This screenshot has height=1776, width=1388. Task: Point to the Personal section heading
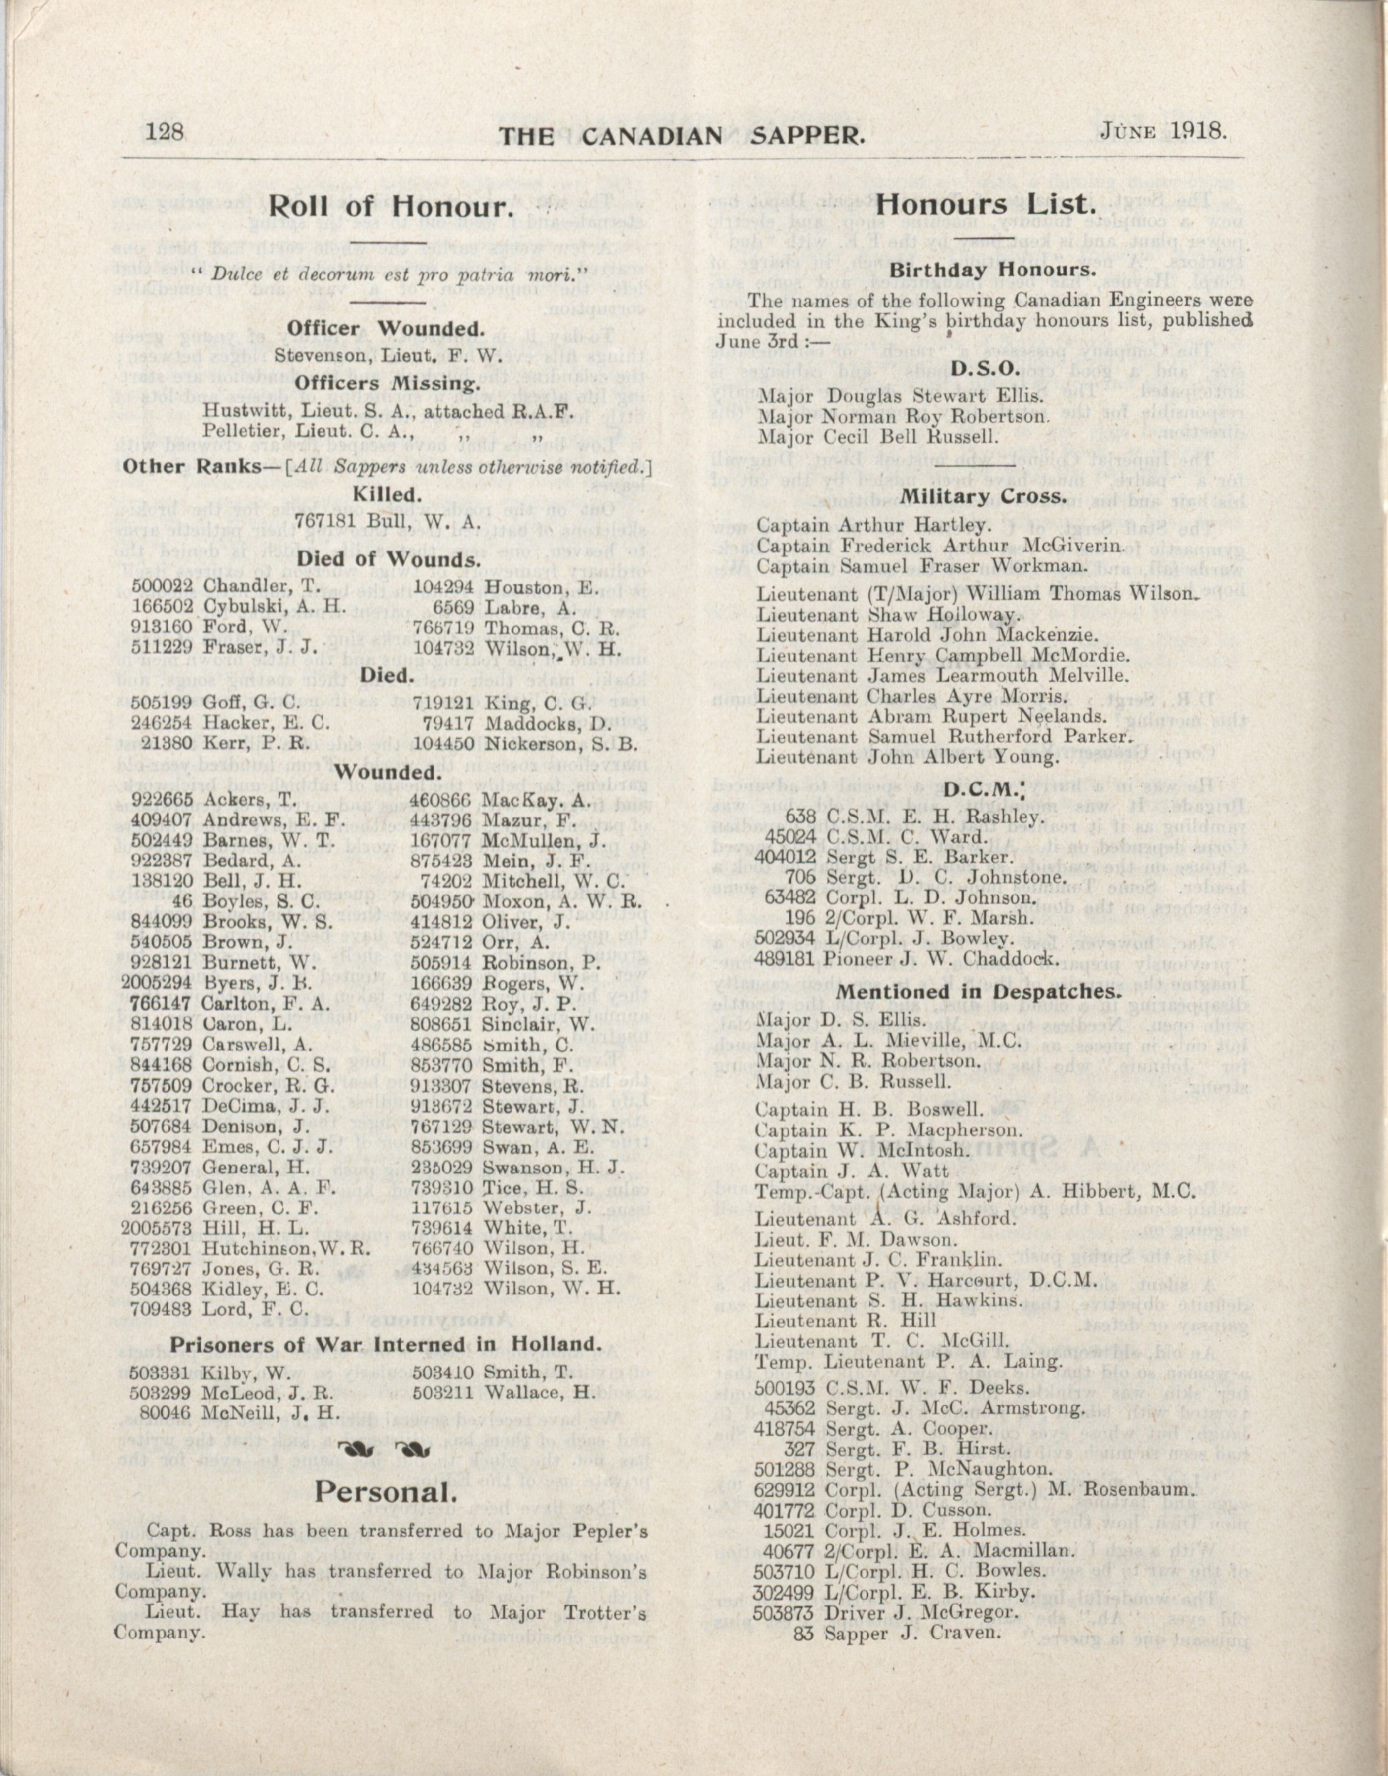point(385,1492)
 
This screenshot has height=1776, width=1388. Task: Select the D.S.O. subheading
point(985,368)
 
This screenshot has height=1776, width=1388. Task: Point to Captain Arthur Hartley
point(873,524)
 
